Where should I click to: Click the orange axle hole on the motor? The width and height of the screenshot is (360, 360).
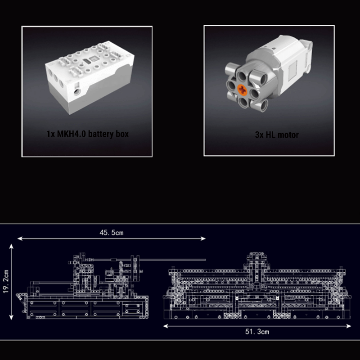(x=242, y=90)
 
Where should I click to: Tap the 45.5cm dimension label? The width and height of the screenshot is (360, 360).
(x=111, y=233)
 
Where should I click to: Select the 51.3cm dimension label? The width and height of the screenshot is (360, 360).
(x=257, y=332)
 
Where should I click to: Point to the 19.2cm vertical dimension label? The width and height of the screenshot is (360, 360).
(x=6, y=282)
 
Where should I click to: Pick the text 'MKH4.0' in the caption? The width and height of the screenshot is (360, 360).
(x=72, y=134)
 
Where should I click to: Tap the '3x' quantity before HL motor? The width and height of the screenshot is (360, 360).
(x=259, y=135)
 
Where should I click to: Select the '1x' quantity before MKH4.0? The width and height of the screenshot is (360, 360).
(x=51, y=134)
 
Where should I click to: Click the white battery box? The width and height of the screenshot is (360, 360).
(x=90, y=77)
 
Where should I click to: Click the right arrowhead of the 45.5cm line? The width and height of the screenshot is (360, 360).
(x=203, y=239)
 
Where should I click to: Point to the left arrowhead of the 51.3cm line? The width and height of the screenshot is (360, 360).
(x=166, y=326)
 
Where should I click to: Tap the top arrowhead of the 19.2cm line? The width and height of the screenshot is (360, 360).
(x=11, y=247)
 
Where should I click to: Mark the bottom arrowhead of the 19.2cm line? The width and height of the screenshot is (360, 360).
(x=11, y=317)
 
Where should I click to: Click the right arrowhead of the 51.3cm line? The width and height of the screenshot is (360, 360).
(x=349, y=326)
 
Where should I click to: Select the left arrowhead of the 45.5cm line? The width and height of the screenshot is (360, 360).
(x=20, y=239)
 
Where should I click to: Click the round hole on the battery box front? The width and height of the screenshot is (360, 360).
(x=77, y=92)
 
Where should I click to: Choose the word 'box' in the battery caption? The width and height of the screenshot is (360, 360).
(x=122, y=134)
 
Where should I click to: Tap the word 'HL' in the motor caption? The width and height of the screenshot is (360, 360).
(x=270, y=135)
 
